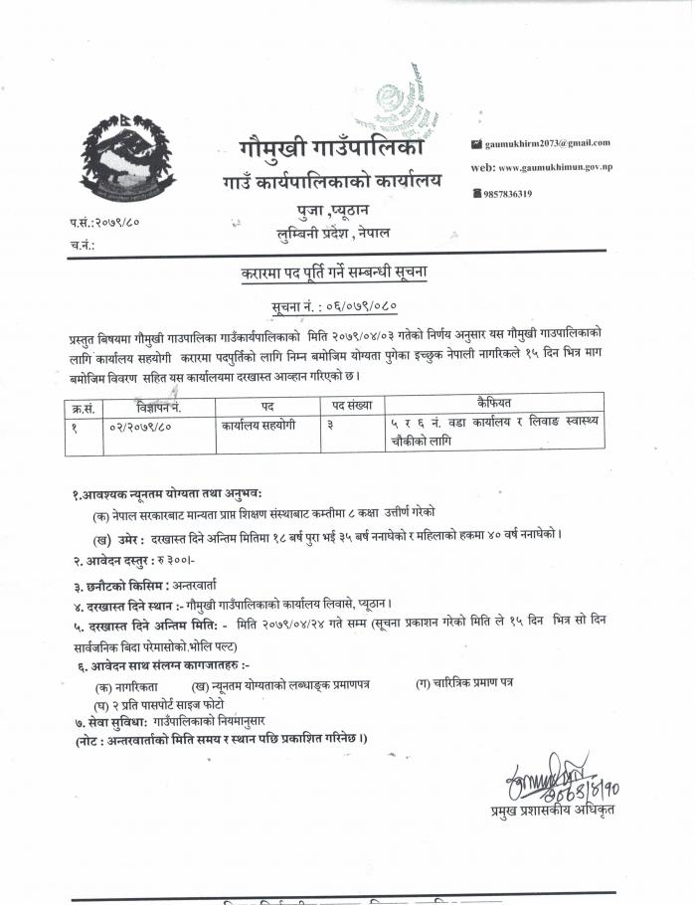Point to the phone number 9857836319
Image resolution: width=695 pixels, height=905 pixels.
[507, 194]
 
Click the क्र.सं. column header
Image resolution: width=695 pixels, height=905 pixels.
[84, 407]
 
